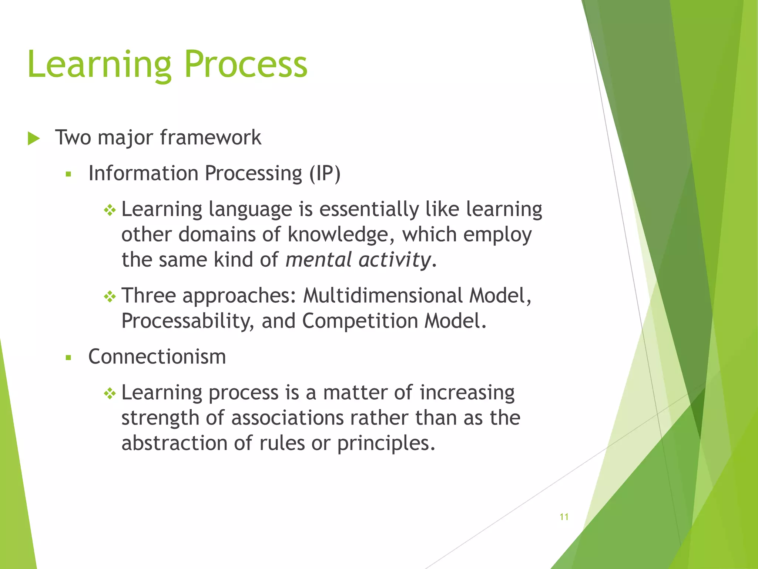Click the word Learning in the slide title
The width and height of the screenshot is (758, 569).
(99, 65)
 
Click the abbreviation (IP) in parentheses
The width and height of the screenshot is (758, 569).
(325, 173)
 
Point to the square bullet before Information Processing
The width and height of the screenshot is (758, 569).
(68, 174)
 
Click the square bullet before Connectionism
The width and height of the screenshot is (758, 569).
(68, 357)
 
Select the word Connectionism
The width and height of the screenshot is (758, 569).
(157, 357)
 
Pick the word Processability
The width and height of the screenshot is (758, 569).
(187, 321)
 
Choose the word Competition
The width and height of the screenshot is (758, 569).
(360, 321)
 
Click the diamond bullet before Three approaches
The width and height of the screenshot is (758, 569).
(110, 296)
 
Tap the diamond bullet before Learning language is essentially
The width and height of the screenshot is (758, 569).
(110, 210)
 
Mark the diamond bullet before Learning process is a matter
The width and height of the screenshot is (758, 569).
(110, 393)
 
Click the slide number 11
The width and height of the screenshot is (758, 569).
(564, 517)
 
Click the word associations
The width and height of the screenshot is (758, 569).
(287, 418)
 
